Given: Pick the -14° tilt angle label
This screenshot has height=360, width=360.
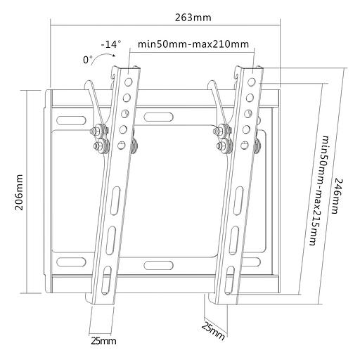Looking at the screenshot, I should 111,44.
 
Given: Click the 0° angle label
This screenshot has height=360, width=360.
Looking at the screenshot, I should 88,60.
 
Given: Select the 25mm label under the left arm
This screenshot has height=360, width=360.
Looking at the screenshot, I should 103,341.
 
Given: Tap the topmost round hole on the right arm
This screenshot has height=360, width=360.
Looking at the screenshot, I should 252,72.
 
